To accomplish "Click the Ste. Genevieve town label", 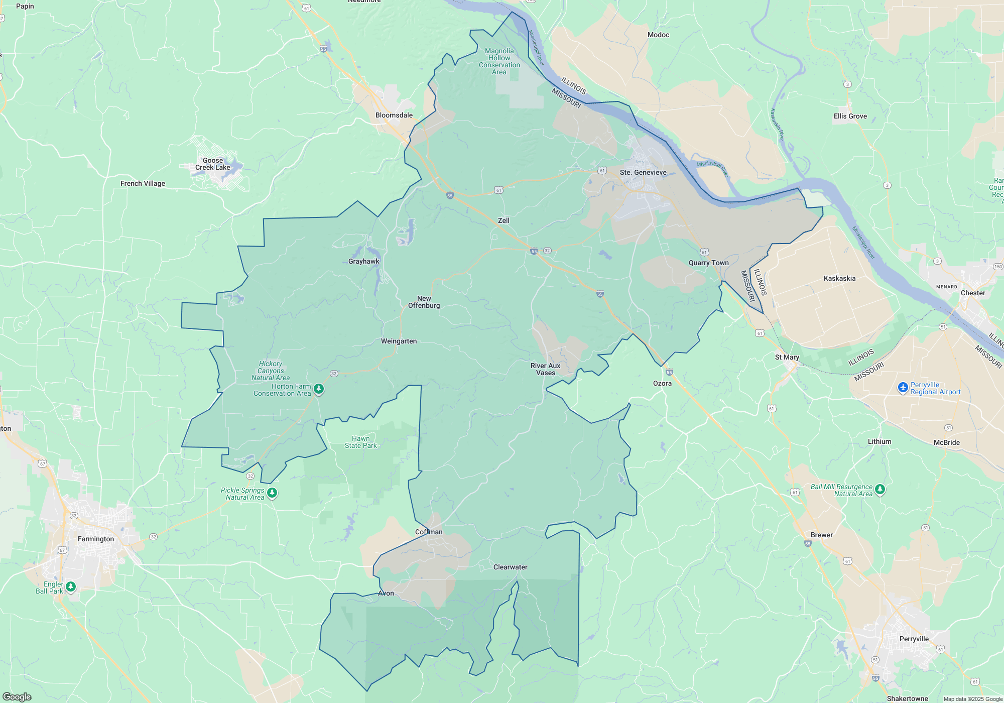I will pyautogui.click(x=643, y=172).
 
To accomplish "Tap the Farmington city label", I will pyautogui.click(x=96, y=539).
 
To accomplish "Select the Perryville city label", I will pyautogui.click(x=914, y=639).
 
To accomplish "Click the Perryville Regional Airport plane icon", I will pyautogui.click(x=903, y=388).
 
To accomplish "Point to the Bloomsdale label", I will pyautogui.click(x=394, y=115).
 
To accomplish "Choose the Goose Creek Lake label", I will pyautogui.click(x=213, y=164).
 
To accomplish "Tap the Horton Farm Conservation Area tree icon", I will pyautogui.click(x=319, y=389).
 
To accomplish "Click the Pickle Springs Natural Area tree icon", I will pyautogui.click(x=272, y=493).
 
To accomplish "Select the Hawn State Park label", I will pyautogui.click(x=360, y=442).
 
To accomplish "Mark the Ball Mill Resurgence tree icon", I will pyautogui.click(x=880, y=489).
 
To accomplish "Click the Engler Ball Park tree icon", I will pyautogui.click(x=71, y=587).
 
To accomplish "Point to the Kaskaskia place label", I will pyautogui.click(x=839, y=278).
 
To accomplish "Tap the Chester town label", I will pyautogui.click(x=972, y=293).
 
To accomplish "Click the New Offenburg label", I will pyautogui.click(x=424, y=302).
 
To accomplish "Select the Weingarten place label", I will pyautogui.click(x=399, y=341).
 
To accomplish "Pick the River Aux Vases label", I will pyautogui.click(x=545, y=369).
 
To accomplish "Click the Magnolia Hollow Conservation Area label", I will pyautogui.click(x=499, y=61).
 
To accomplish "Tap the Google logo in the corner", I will pyautogui.click(x=17, y=696).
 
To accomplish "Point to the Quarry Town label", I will pyautogui.click(x=708, y=263).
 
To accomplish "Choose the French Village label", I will pyautogui.click(x=143, y=183).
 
